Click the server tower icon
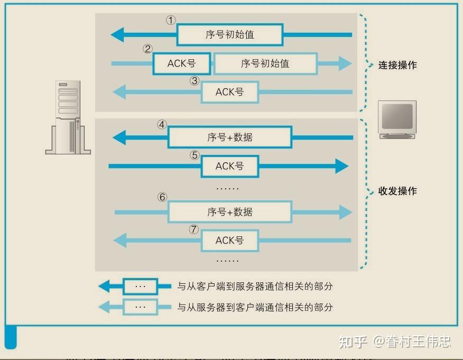68,117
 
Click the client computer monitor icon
397,120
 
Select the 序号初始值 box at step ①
229,35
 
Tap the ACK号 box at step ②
181,63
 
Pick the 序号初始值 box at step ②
265,63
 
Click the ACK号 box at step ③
229,92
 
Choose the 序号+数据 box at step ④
229,137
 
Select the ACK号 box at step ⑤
229,166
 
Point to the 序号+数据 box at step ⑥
229,212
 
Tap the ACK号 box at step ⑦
229,240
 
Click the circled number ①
170,21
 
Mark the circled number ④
162,125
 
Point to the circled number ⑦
194,229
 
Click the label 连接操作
397,65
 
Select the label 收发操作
397,191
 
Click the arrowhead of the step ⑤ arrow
341,166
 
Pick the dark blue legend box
140,287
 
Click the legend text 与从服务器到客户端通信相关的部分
255,307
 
